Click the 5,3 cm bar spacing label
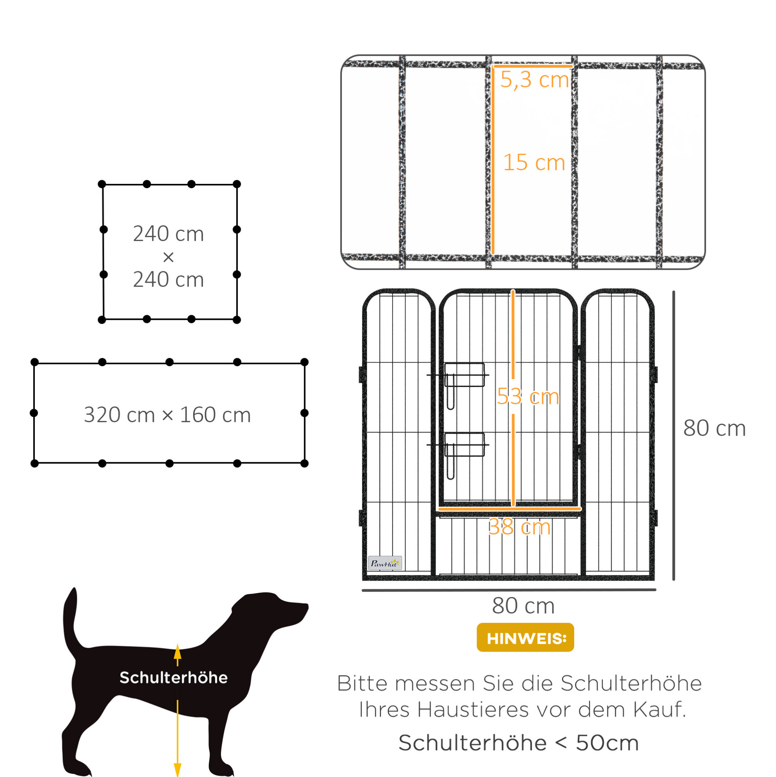tap(534, 80)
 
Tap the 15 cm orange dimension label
tap(534, 162)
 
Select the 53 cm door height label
tap(528, 397)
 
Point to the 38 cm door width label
tap(519, 526)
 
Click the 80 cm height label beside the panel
tap(714, 428)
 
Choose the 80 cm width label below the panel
tap(523, 606)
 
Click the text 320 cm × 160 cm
tap(167, 415)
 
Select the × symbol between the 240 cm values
tap(168, 257)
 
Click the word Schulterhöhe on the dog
tap(174, 678)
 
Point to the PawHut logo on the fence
tap(385, 563)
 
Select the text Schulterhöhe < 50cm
tap(519, 743)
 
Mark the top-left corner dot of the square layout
tap(102, 184)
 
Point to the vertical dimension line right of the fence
tap(673, 436)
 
